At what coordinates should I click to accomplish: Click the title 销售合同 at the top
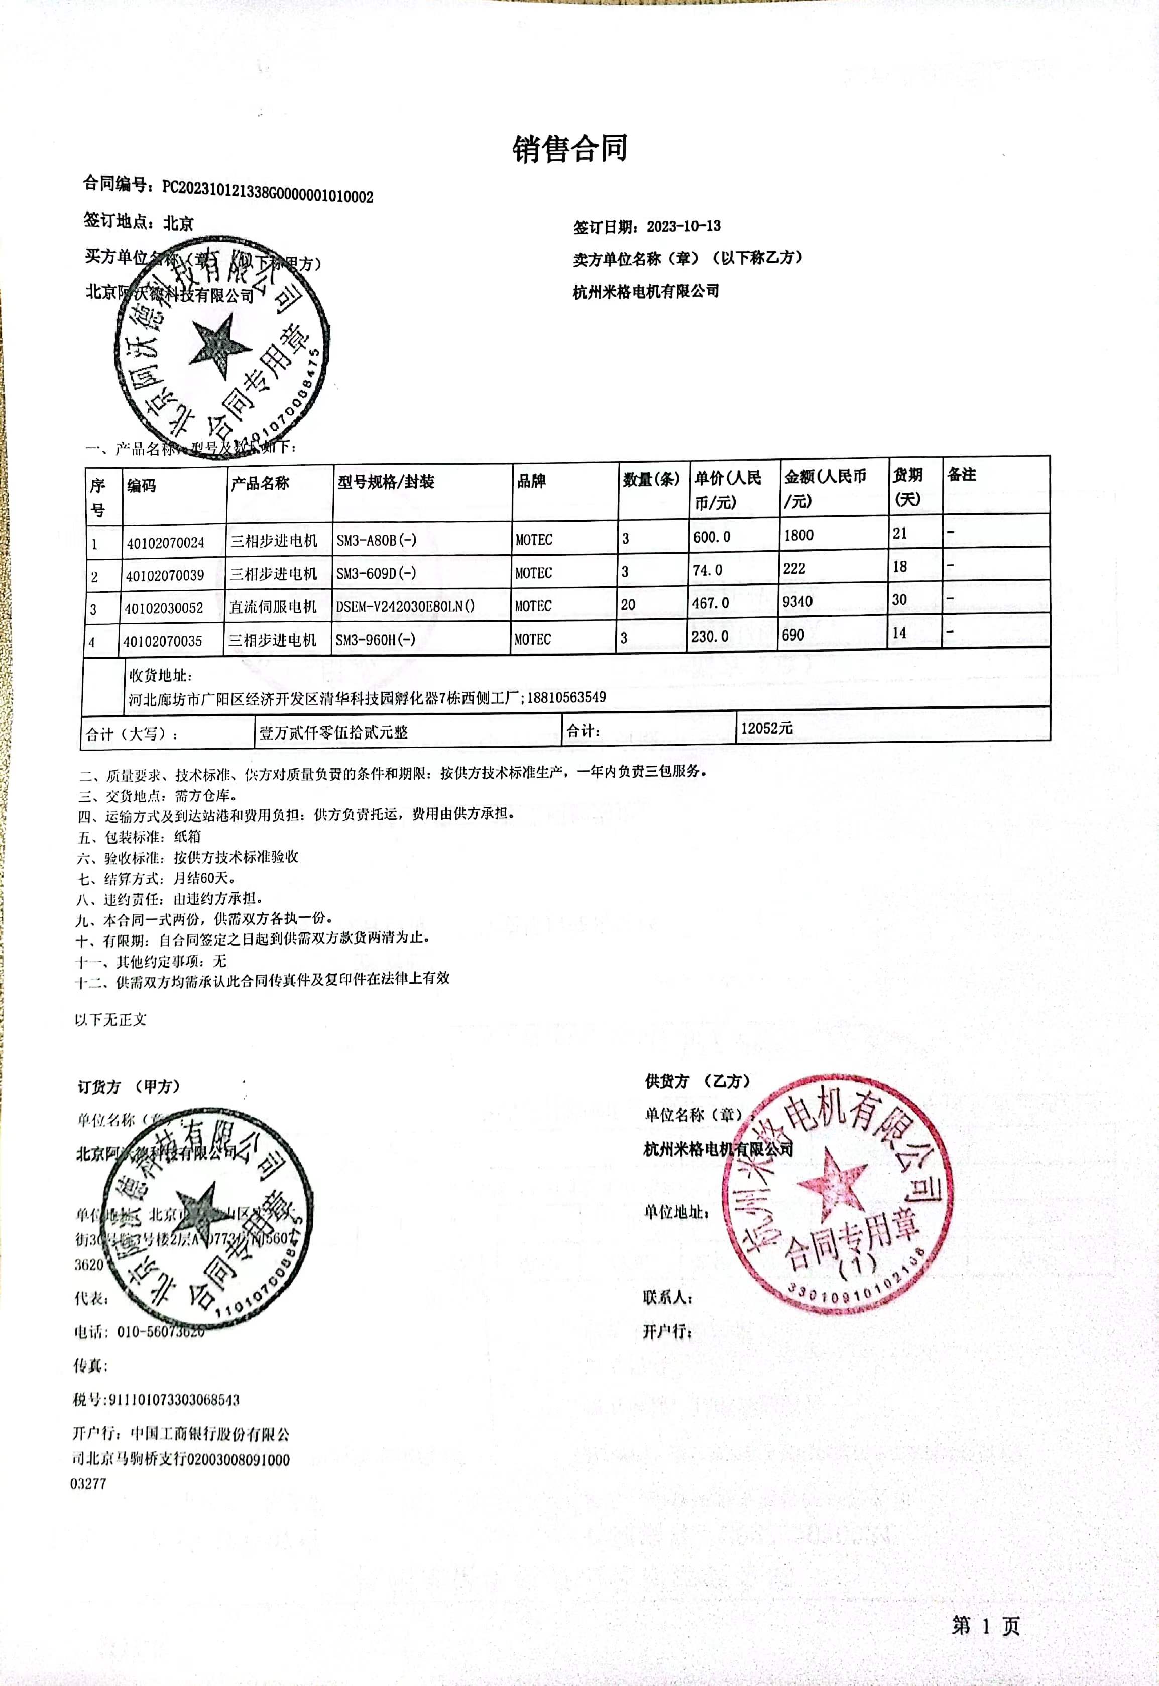pyautogui.click(x=570, y=149)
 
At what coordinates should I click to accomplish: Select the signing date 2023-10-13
pyautogui.click(x=683, y=226)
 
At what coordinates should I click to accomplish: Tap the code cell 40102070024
pyautogui.click(x=166, y=543)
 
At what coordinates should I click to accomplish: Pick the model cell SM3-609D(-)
pyautogui.click(x=376, y=573)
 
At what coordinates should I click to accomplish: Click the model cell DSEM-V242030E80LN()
pyautogui.click(x=404, y=606)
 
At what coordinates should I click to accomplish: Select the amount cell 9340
pyautogui.click(x=797, y=601)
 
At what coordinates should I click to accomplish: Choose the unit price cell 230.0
pyautogui.click(x=710, y=637)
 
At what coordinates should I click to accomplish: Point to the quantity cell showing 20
pyautogui.click(x=628, y=604)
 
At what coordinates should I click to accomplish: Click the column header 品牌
pyautogui.click(x=532, y=481)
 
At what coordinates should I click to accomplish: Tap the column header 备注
pyautogui.click(x=962, y=474)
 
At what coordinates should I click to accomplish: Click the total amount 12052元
pyautogui.click(x=766, y=728)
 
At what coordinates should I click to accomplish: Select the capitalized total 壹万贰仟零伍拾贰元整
pyautogui.click(x=333, y=732)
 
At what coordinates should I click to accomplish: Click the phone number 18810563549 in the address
pyautogui.click(x=566, y=697)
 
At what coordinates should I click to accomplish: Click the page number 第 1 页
pyautogui.click(x=985, y=1626)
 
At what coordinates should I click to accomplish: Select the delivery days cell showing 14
pyautogui.click(x=899, y=633)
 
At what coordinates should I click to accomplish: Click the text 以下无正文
pyautogui.click(x=110, y=1020)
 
